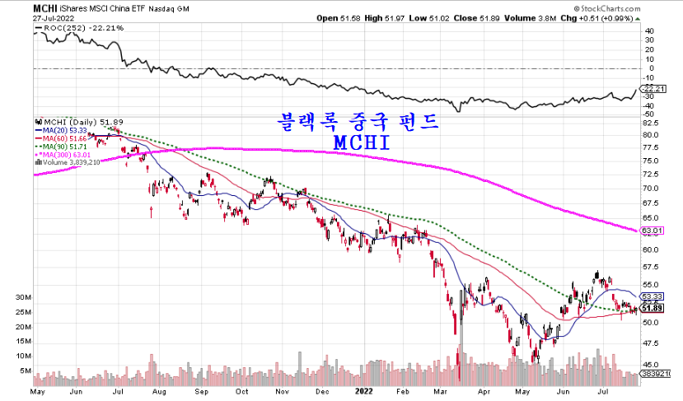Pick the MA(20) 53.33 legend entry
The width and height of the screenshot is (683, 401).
(68, 129)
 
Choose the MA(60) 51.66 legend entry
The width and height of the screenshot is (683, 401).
(68, 138)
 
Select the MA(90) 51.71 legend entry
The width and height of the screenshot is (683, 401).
(68, 147)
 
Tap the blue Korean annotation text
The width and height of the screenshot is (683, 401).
(355, 121)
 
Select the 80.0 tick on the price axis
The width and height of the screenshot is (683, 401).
(650, 134)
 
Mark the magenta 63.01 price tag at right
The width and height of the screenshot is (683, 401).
(651, 231)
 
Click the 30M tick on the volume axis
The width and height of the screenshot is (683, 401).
(23, 296)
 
